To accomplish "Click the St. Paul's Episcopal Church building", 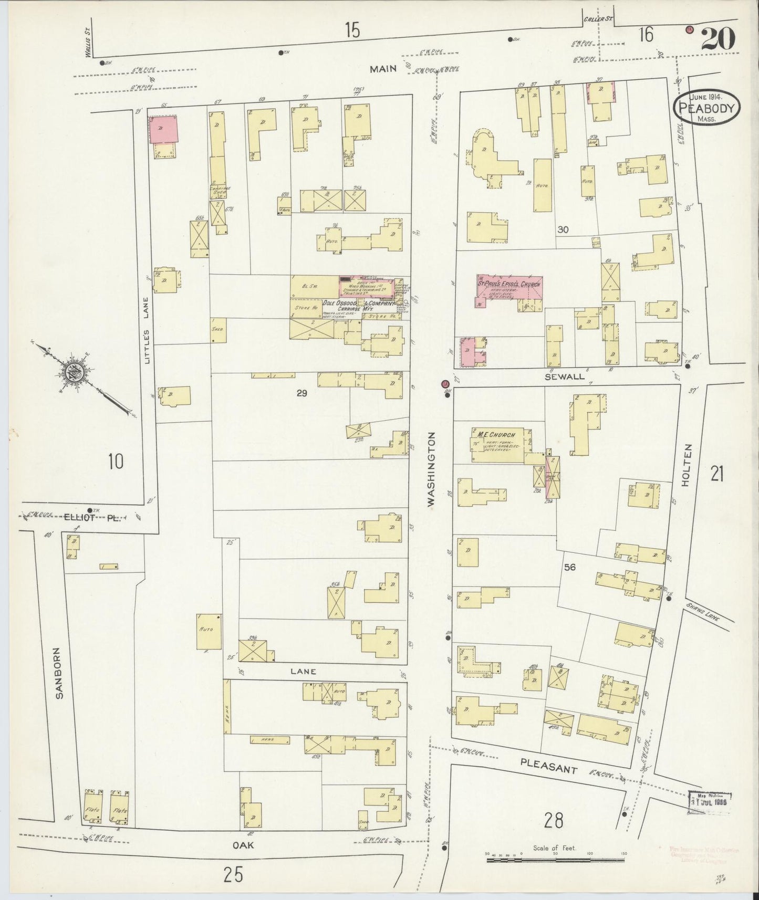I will click(509, 288).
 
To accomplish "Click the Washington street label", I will click(432, 469).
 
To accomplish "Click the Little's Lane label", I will click(148, 331).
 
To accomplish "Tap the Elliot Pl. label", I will click(92, 517).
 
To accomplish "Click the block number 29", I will click(301, 393).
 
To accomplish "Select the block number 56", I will click(570, 567).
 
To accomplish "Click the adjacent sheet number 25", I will click(234, 875).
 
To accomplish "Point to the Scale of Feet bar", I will click(554, 859).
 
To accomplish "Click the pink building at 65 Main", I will click(163, 129).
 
